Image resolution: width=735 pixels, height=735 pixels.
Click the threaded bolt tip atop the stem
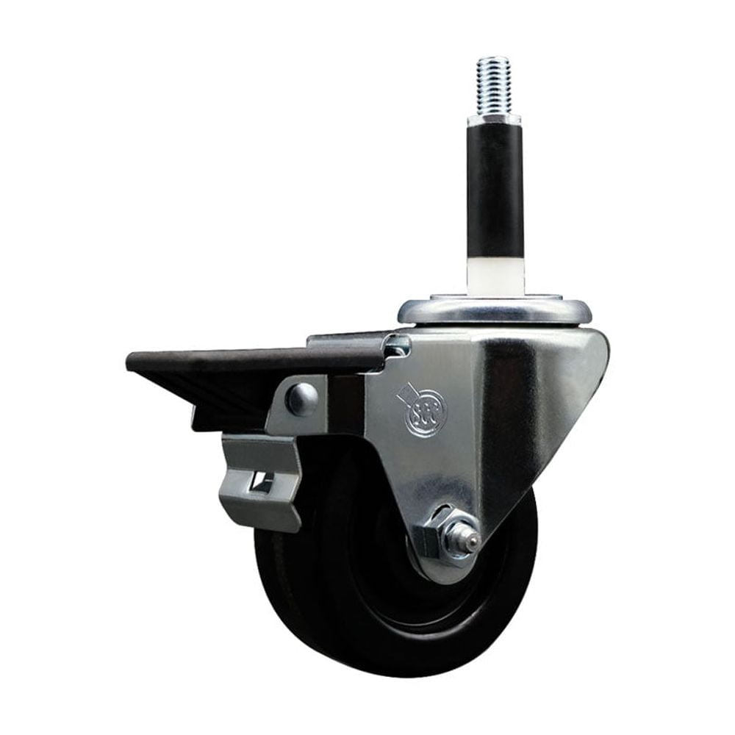coord(492,70)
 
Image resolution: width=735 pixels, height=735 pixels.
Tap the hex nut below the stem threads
coord(493,118)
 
